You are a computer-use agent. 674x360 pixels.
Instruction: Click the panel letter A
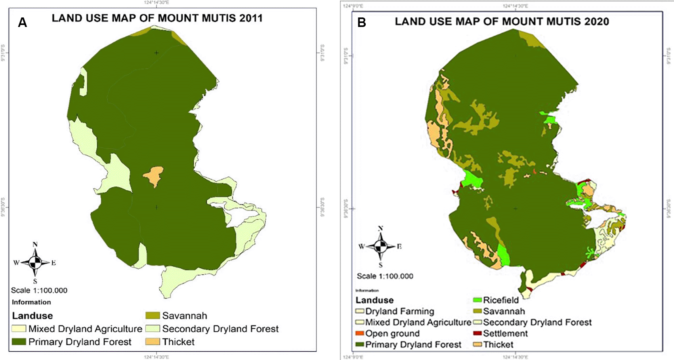click(x=23, y=23)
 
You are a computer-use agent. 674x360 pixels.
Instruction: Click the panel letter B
click(x=361, y=23)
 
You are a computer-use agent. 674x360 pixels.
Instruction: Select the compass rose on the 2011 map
click(x=35, y=262)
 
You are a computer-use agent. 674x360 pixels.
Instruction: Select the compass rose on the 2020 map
click(x=380, y=247)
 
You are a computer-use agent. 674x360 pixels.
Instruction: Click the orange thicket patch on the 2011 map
click(x=153, y=176)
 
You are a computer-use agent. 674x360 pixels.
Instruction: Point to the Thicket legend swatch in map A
click(x=153, y=342)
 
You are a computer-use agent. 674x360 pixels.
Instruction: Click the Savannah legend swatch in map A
click(x=153, y=316)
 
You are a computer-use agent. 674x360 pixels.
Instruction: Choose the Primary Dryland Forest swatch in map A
click(x=19, y=342)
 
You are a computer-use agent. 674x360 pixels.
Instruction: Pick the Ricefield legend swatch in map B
click(x=477, y=300)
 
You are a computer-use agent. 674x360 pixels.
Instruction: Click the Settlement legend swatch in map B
click(x=477, y=333)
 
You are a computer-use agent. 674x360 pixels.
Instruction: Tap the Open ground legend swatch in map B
click(x=360, y=333)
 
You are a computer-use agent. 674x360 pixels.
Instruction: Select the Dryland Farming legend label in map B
click(x=399, y=311)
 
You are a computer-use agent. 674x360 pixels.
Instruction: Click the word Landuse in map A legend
click(x=32, y=316)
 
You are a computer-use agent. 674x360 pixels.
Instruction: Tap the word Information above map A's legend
click(x=31, y=302)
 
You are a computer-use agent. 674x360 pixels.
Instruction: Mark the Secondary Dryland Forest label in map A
click(x=220, y=329)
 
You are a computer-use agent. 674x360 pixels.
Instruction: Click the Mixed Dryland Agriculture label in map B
click(x=418, y=322)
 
